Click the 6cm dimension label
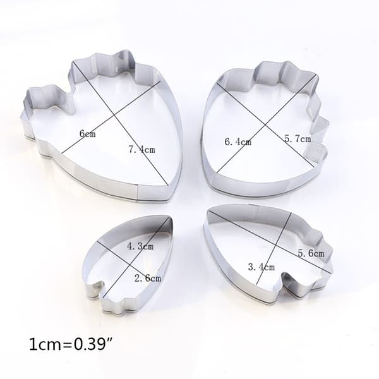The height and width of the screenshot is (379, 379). click(88, 133)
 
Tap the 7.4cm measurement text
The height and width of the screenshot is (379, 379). click(141, 150)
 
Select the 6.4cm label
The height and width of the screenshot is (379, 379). click(238, 141)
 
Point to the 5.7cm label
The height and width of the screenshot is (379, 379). click(298, 139)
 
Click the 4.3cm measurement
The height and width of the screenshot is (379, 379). click(140, 246)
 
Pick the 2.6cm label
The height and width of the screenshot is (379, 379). click(148, 279)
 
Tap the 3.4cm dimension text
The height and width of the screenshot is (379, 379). click(262, 267)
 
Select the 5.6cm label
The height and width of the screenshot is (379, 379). click(311, 253)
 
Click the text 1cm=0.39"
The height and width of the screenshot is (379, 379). click(71, 344)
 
